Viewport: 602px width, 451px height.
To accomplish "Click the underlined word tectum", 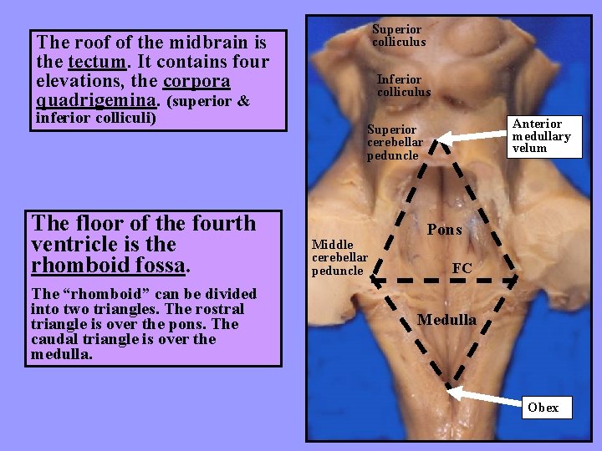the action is pos(98,62).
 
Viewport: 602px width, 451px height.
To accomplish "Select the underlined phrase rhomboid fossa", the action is pos(108,266).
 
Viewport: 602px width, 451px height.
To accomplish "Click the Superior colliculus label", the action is pos(399,36).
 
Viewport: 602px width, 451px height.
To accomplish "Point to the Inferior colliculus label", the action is pos(404,85).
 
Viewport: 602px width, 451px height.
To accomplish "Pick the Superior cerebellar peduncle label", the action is pos(395,142).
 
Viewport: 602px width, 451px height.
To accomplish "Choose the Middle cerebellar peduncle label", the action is pos(338,257).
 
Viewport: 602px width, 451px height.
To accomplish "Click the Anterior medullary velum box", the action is pos(541,135).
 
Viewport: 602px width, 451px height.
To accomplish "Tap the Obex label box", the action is pos(543,408).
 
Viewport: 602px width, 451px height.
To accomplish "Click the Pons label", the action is pos(445,230).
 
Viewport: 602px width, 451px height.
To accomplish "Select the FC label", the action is pos(462,268).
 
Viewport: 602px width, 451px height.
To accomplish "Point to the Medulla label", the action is pos(446,320).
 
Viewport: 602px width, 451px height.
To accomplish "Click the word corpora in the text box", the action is pos(196,82).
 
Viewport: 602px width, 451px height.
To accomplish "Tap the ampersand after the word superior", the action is pos(243,102).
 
